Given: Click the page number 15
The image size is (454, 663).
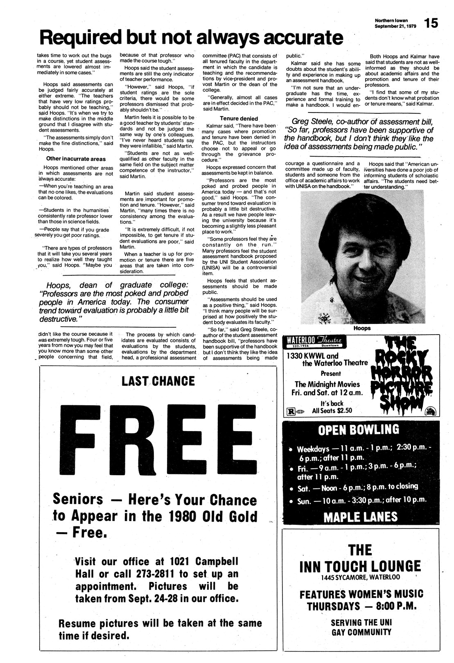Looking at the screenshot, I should (x=431, y=23).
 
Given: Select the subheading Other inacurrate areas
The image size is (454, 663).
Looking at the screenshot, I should (x=76, y=159).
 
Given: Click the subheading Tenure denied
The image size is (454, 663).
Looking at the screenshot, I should (x=239, y=119).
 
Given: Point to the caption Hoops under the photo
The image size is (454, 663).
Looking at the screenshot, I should (x=361, y=328).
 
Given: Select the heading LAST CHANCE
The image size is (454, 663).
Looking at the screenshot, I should (x=158, y=381).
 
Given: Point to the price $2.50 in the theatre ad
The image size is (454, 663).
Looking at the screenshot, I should (x=342, y=411).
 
